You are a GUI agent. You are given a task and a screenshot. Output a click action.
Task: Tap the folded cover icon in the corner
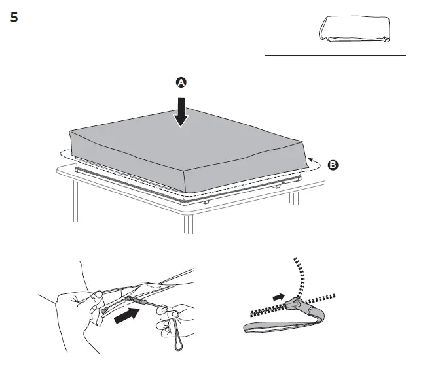[x=354, y=30]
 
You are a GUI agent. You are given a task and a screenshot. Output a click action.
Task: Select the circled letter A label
[x=181, y=82]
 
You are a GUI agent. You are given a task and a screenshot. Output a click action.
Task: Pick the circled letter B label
[x=333, y=165]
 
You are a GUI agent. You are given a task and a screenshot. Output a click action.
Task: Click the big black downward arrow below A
[x=181, y=111]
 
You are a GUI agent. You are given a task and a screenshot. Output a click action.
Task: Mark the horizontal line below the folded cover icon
[x=335, y=56]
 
